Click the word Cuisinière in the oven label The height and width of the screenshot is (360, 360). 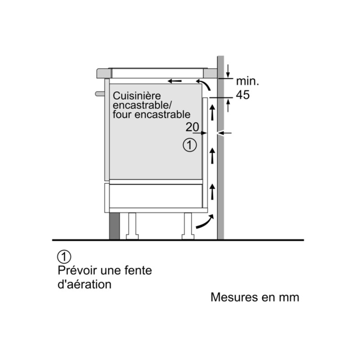(x=137, y=96)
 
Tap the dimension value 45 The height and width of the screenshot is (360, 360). (x=243, y=94)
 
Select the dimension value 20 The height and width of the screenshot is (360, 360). (x=192, y=127)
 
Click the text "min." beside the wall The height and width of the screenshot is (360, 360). (x=247, y=81)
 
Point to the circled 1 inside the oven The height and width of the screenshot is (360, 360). (x=189, y=145)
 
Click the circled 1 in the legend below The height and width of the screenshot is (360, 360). (x=64, y=256)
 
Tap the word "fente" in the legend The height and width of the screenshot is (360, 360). (x=138, y=270)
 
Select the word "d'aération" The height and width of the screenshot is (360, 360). (x=85, y=284)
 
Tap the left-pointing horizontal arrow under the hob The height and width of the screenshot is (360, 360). (x=175, y=81)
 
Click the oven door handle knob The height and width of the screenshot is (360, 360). (x=100, y=94)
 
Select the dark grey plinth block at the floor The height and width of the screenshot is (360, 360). (x=115, y=226)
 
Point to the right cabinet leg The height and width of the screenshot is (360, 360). (x=188, y=226)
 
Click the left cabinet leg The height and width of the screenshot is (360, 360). (x=132, y=226)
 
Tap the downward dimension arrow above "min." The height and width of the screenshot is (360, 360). (x=228, y=71)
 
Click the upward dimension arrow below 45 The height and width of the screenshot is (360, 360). (x=228, y=105)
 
